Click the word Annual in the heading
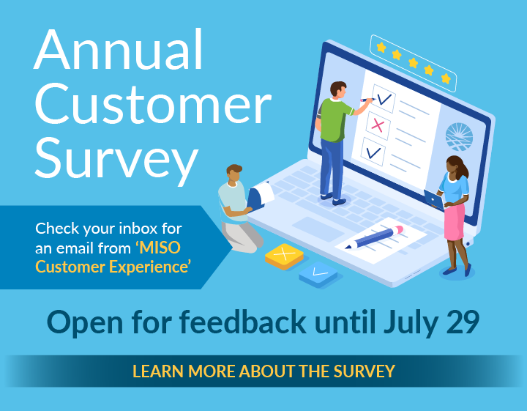click(x=119, y=49)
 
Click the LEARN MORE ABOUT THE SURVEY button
click(x=263, y=371)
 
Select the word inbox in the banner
click(x=138, y=229)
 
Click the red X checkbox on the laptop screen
click(x=378, y=126)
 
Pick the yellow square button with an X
click(x=284, y=256)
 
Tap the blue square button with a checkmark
click(x=318, y=274)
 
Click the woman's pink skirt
click(x=455, y=222)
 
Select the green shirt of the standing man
click(x=334, y=119)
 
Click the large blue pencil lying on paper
click(x=374, y=237)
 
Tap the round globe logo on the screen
click(x=459, y=136)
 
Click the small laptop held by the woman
click(x=434, y=200)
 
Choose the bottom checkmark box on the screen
click(x=373, y=152)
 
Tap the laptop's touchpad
click(x=317, y=229)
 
